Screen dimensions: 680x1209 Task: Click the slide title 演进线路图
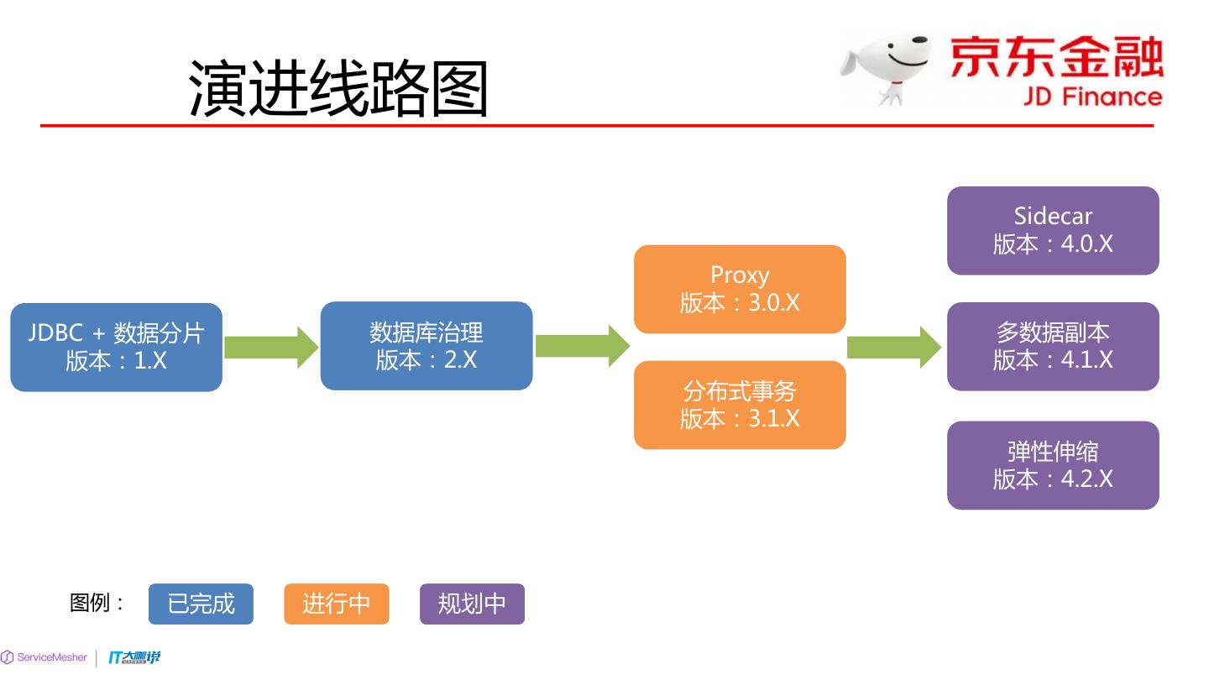click(x=338, y=87)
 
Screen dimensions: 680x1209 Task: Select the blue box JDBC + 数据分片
click(x=116, y=347)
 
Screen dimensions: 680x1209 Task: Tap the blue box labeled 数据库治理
click(x=427, y=346)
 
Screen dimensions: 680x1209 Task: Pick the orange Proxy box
click(x=740, y=289)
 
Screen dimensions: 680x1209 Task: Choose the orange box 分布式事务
click(x=740, y=405)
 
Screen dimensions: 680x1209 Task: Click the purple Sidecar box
click(x=1053, y=230)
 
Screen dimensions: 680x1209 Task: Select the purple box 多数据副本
click(x=1053, y=346)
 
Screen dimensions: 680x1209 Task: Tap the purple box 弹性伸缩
click(x=1053, y=465)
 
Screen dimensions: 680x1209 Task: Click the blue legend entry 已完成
click(x=201, y=604)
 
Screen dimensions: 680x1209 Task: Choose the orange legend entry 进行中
click(x=336, y=604)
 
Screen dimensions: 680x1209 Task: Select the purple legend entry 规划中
click(x=472, y=604)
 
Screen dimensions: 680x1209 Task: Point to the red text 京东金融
click(x=1056, y=57)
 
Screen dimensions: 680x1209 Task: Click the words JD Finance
click(x=1091, y=97)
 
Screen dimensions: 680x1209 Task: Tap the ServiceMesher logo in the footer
click(x=44, y=657)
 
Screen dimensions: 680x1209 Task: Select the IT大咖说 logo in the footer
click(x=134, y=657)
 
